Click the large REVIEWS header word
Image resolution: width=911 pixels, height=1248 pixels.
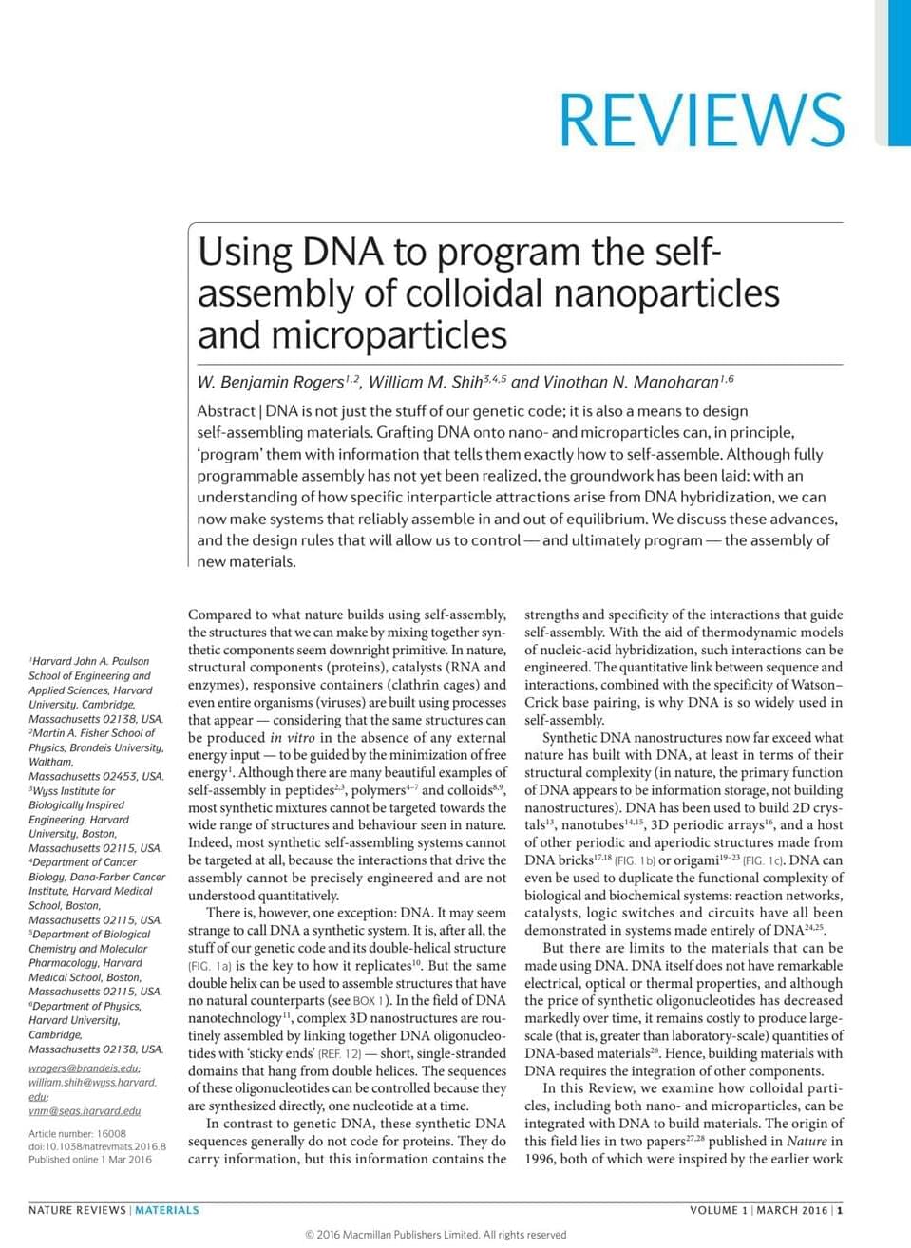click(x=701, y=120)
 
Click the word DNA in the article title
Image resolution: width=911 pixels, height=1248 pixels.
click(x=343, y=253)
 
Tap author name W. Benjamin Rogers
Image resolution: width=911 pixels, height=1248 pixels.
click(x=271, y=383)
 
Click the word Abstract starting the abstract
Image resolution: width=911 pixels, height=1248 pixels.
click(x=225, y=411)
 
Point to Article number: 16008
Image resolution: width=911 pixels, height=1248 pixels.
click(x=77, y=1133)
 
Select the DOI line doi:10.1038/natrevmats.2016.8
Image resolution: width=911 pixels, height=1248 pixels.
click(x=97, y=1146)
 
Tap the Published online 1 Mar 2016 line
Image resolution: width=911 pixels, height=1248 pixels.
click(x=90, y=1159)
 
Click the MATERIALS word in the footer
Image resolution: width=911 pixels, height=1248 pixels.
click(x=167, y=1210)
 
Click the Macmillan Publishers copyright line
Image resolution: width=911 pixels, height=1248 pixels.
click(x=436, y=1235)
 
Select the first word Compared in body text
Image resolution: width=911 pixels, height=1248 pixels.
click(x=220, y=615)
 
